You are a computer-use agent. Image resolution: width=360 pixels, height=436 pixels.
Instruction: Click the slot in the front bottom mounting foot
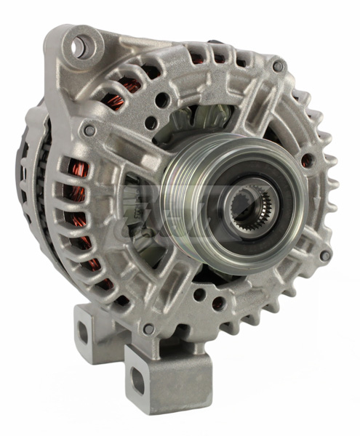(137, 379)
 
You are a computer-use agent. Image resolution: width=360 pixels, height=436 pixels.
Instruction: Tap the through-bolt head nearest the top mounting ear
(89, 131)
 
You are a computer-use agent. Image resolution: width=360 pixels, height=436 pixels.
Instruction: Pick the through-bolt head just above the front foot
(148, 328)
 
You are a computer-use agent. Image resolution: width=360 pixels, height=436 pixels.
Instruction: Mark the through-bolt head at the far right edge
(324, 255)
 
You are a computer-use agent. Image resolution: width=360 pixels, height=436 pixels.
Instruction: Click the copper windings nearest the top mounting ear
(129, 86)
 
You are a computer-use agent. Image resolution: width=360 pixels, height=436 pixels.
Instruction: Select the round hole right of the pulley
(309, 160)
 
